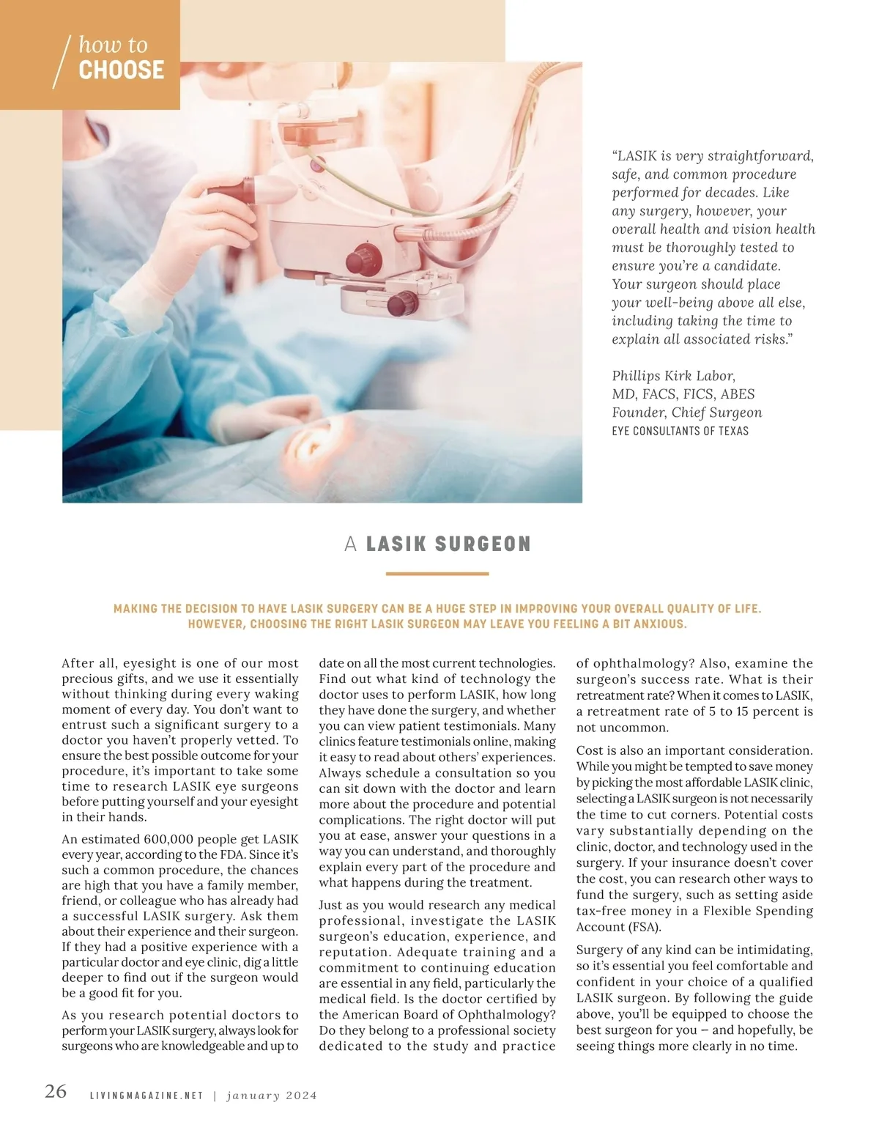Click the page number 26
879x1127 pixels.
pos(56,1091)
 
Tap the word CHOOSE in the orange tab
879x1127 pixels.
pos(122,70)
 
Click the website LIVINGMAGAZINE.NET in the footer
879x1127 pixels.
pos(146,1096)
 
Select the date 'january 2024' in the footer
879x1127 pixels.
pos(272,1096)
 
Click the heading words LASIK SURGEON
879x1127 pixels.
pos(448,544)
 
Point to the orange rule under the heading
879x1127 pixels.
pos(437,574)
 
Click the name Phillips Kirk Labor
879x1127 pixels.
pos(673,376)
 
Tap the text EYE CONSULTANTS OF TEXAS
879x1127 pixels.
pos(680,431)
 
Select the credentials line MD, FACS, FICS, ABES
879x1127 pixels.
pos(683,394)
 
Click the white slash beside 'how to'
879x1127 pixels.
pos(62,62)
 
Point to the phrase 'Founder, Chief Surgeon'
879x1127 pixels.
pos(686,413)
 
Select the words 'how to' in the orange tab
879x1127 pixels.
pos(113,45)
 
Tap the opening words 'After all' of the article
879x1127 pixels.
pos(89,663)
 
